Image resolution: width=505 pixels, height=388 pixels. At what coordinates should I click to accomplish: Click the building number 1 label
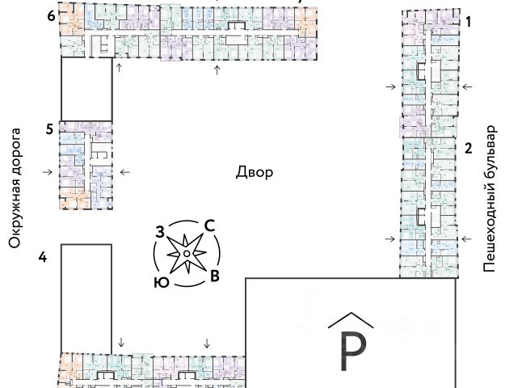coord(468,23)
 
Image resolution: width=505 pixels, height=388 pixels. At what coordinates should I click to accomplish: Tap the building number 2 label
coord(468,148)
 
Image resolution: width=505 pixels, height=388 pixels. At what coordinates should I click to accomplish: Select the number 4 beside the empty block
coord(42,257)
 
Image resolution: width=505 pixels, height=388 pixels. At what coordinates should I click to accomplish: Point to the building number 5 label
coord(50,128)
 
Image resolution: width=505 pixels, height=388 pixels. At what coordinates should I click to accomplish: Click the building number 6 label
coord(50,14)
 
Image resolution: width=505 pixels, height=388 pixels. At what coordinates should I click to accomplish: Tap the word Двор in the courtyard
coord(255,172)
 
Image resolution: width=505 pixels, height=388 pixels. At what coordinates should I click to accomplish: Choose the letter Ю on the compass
coord(161,283)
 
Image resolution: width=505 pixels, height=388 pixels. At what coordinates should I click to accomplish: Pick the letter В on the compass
coord(214,277)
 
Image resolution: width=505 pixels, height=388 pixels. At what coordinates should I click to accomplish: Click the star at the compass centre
coord(187,255)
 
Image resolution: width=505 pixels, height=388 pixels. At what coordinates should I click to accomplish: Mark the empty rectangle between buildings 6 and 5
coord(86,89)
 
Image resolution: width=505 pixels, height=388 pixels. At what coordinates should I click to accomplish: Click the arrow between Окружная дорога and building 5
coord(47,171)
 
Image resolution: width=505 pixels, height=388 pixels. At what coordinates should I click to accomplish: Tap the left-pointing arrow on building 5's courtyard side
coord(124,171)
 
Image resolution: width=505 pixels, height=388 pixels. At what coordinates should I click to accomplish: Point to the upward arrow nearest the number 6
coord(119,68)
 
